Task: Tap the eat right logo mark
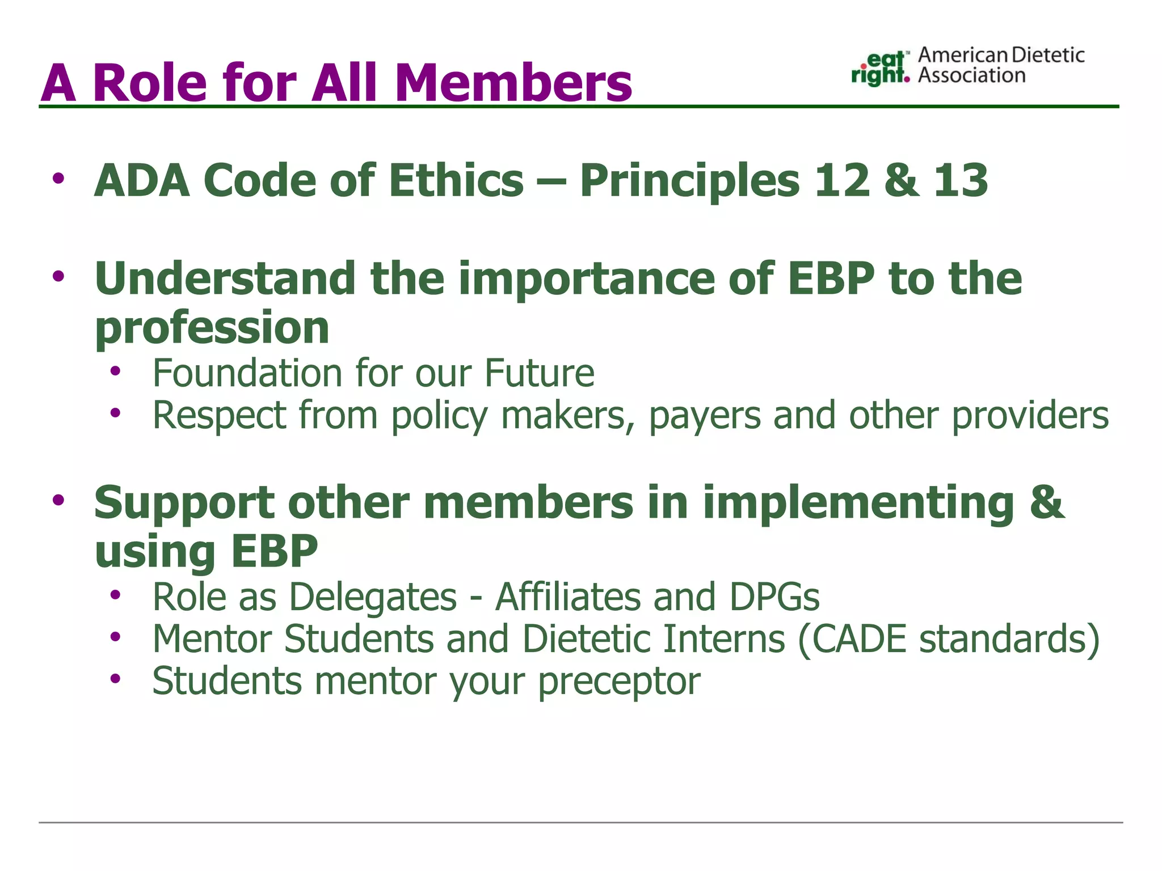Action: pos(880,68)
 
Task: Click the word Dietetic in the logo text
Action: pos(1048,55)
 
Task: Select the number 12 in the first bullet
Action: pos(842,180)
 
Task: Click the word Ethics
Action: pos(456,180)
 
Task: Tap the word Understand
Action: pos(225,278)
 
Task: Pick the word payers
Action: pos(704,416)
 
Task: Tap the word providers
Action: pos(1030,416)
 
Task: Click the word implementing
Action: pos(858,502)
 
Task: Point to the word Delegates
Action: pos(373,598)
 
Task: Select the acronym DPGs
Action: pos(774,597)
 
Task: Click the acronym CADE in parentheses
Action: pos(859,639)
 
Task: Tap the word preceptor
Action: pos(619,682)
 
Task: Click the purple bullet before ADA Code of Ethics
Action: pos(58,179)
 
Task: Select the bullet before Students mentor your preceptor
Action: pos(116,679)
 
